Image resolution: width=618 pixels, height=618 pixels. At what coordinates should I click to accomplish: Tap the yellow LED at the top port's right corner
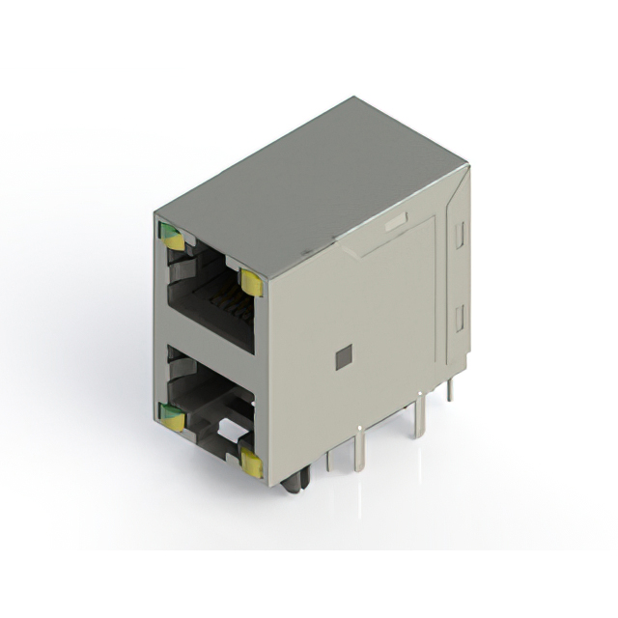pyautogui.click(x=250, y=282)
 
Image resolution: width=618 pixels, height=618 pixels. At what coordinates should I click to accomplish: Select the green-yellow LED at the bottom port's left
pyautogui.click(x=172, y=417)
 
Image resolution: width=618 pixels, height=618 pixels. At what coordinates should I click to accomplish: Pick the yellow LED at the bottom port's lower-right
pyautogui.click(x=251, y=464)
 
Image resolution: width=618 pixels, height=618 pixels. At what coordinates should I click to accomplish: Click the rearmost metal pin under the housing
pyautogui.click(x=450, y=387)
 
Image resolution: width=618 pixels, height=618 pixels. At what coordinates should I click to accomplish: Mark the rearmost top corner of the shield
pyautogui.click(x=354, y=98)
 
